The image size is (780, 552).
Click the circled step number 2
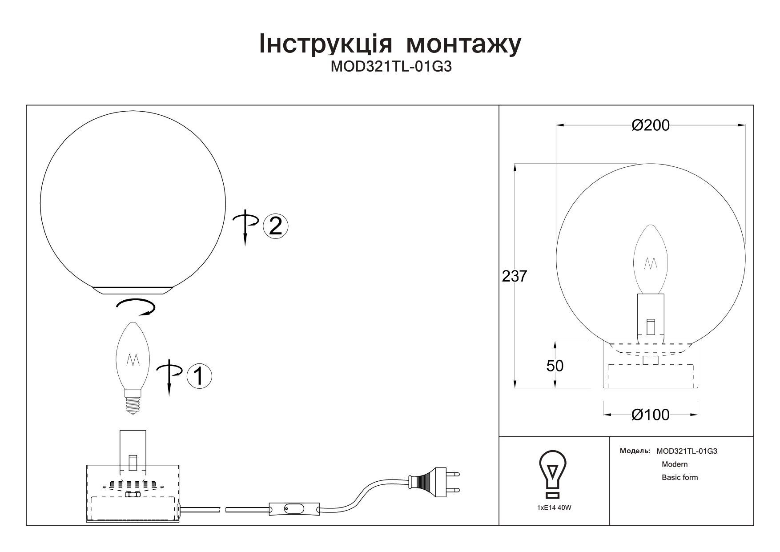(276, 226)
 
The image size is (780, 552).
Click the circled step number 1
(199, 376)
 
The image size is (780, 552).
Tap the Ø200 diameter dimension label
(650, 125)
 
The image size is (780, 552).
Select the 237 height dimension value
(514, 276)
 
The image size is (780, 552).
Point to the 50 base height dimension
(555, 366)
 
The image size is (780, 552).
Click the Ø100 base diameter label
(650, 415)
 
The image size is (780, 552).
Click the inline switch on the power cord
(294, 509)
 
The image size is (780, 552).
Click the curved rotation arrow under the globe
(135, 306)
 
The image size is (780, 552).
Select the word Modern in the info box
(675, 464)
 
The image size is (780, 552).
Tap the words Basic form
(679, 478)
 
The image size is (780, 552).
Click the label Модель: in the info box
(635, 451)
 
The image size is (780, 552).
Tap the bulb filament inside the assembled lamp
(651, 263)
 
